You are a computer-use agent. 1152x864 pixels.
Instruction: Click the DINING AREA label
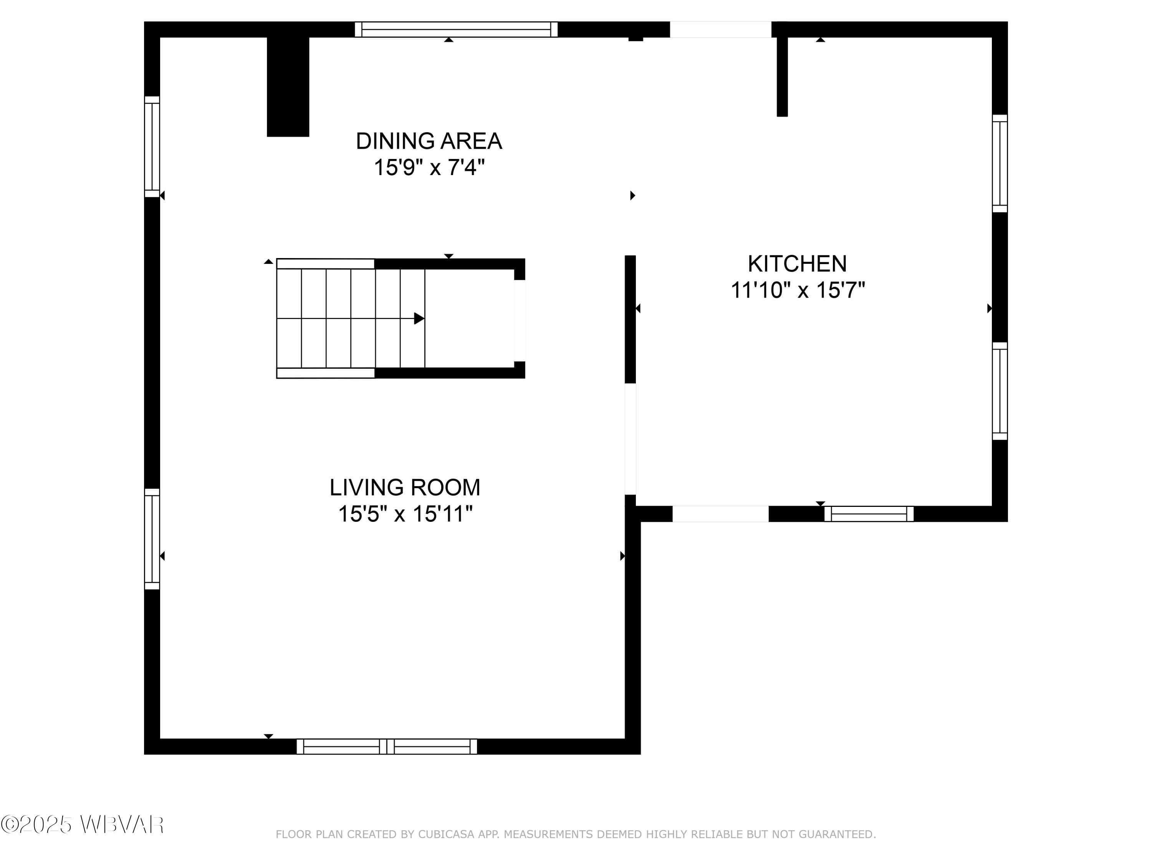point(429,141)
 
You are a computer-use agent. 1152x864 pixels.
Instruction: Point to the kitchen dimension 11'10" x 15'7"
point(797,290)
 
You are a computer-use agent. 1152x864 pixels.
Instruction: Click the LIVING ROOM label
point(405,487)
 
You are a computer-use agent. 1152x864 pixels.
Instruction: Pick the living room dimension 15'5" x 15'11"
point(405,514)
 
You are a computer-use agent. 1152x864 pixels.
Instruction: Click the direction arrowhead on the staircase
point(419,318)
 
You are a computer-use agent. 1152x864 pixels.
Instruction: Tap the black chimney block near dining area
point(288,86)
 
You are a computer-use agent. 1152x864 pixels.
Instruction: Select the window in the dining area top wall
point(456,29)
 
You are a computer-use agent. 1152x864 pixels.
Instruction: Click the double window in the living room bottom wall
point(386,746)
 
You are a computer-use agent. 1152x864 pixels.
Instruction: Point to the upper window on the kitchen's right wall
point(1000,163)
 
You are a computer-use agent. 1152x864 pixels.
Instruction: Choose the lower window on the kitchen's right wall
point(1000,391)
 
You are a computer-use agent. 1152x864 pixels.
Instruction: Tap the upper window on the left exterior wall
point(152,147)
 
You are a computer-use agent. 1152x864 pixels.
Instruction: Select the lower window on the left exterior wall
point(152,539)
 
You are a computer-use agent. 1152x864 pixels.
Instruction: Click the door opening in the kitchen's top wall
point(720,29)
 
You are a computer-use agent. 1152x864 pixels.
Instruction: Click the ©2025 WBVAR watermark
point(82,824)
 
